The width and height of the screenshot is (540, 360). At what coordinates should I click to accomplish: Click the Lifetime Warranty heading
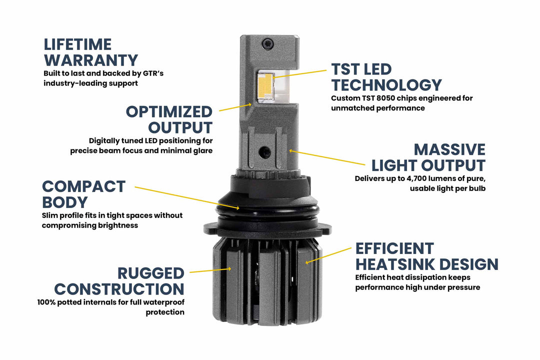(90, 52)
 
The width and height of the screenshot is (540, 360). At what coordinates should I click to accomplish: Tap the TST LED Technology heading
(386, 77)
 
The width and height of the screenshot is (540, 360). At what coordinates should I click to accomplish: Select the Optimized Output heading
(169, 119)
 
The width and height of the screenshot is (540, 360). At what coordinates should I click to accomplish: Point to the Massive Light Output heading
(428, 157)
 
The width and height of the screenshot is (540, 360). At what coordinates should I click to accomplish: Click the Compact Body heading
(83, 194)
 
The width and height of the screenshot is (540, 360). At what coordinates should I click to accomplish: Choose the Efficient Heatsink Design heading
(426, 256)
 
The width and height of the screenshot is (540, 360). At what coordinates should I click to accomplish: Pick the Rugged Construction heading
(119, 281)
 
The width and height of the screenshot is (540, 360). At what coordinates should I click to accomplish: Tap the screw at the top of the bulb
(270, 43)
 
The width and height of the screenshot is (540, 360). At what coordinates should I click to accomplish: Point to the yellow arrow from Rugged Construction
(210, 270)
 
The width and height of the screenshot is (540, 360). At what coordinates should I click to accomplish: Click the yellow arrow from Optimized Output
(235, 106)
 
